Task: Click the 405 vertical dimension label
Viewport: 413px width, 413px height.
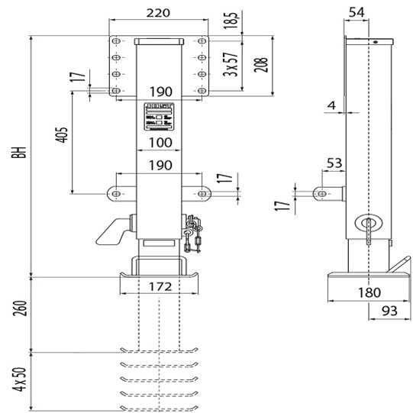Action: point(63,134)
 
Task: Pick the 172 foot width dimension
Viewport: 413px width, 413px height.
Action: point(160,286)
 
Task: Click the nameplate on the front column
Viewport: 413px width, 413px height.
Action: point(160,117)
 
